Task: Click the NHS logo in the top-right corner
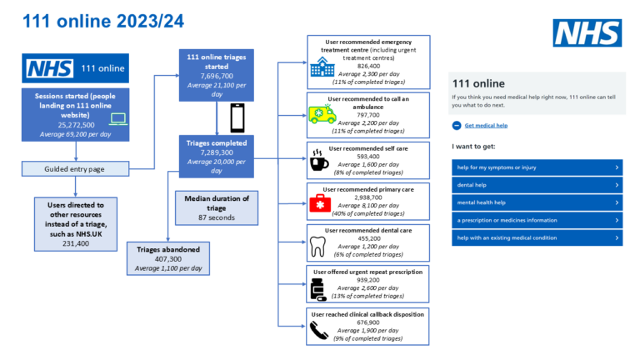[587, 32]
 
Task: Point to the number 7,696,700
[217, 74]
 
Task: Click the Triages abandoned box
[169, 257]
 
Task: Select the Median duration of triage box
[217, 207]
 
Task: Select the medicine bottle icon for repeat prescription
[318, 286]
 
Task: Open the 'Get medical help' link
[486, 125]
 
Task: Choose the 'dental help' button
[537, 184]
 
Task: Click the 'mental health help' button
[537, 202]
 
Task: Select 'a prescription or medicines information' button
[537, 220]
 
